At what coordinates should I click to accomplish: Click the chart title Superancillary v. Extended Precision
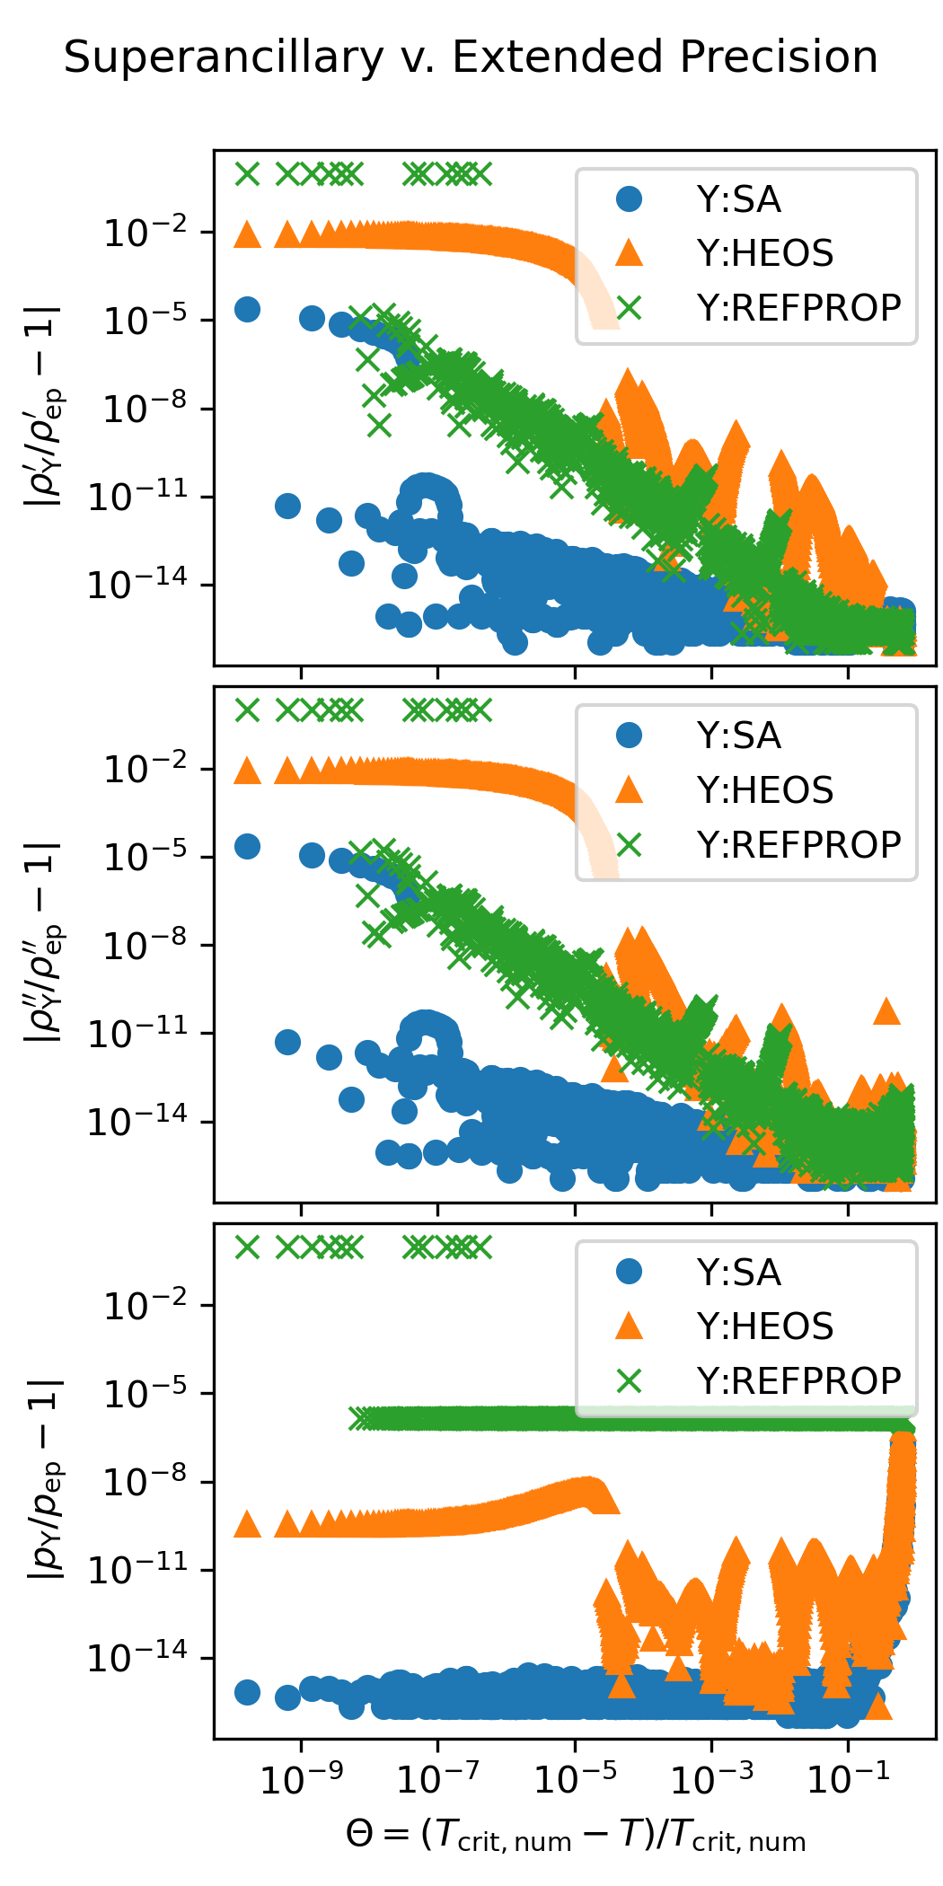pos(471,58)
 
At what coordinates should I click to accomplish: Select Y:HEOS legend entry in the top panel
pos(764,253)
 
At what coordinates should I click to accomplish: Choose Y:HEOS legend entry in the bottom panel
pos(764,1326)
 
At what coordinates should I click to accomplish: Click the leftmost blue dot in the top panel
pos(247,310)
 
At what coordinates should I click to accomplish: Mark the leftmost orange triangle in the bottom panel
pos(247,1524)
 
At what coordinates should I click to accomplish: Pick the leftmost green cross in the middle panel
pos(247,710)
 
